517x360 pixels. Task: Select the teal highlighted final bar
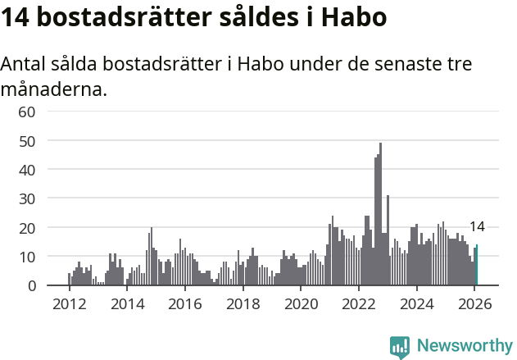pos(477,265)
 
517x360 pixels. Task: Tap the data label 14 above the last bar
pos(477,227)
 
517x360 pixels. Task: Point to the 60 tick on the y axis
pos(27,112)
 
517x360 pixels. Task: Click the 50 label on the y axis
pos(27,141)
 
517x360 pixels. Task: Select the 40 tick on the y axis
pos(27,170)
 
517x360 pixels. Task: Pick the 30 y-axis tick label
pos(27,198)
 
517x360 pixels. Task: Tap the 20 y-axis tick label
pos(27,228)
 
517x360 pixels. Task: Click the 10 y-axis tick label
pos(27,257)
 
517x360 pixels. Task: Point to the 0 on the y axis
pos(32,285)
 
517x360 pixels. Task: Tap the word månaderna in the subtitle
pos(53,89)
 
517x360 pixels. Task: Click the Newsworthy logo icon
pos(400,347)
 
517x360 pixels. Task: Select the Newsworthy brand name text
pos(465,346)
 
